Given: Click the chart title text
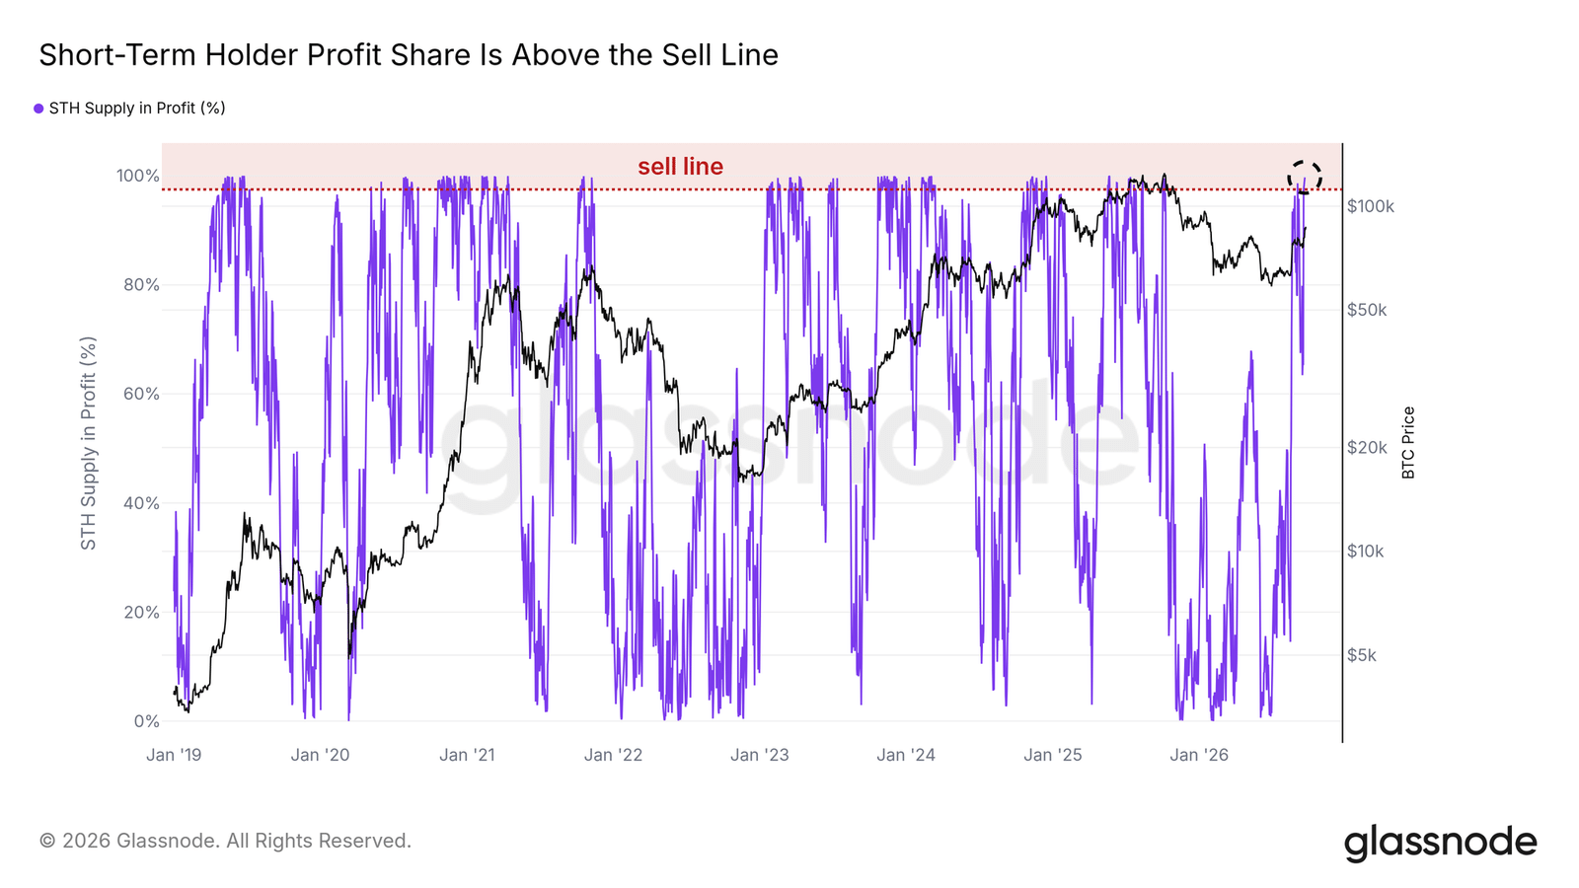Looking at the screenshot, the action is pyautogui.click(x=409, y=55).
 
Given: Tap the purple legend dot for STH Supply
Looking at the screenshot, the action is pyautogui.click(x=38, y=109).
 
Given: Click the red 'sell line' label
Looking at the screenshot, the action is pyautogui.click(x=680, y=167).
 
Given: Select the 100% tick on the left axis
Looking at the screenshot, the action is pyautogui.click(x=137, y=176).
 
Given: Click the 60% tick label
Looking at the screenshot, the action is pyautogui.click(x=141, y=394).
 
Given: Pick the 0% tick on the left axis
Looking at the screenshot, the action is pyautogui.click(x=147, y=721).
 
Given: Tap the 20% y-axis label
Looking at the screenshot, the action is pyautogui.click(x=141, y=612).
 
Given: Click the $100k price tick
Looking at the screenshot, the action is pyautogui.click(x=1371, y=206).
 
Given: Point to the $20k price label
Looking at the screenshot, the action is pyautogui.click(x=1367, y=448).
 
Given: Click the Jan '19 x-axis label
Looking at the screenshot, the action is pyautogui.click(x=174, y=755).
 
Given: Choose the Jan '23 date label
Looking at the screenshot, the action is pyautogui.click(x=759, y=755).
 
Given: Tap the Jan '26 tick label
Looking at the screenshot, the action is pyautogui.click(x=1199, y=755).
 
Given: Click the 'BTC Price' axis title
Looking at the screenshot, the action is pyautogui.click(x=1407, y=443).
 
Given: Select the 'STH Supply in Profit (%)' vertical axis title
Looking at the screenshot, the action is pyautogui.click(x=88, y=443).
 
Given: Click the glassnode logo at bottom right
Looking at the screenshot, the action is pyautogui.click(x=1440, y=843).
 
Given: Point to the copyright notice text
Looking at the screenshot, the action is pyautogui.click(x=225, y=841).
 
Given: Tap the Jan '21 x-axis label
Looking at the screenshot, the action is pyautogui.click(x=467, y=755).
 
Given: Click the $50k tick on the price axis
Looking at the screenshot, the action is pyautogui.click(x=1367, y=310).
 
